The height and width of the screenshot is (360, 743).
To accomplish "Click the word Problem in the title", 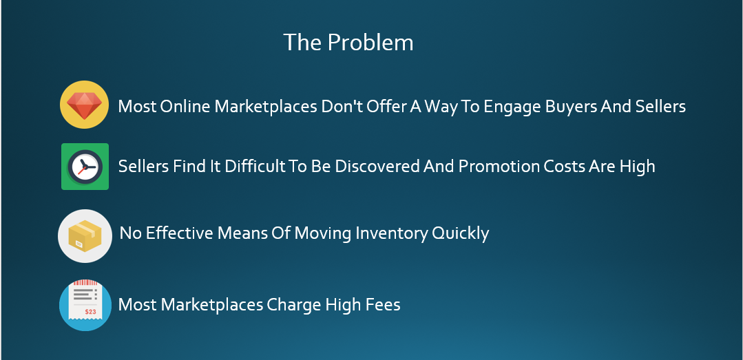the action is (x=370, y=43).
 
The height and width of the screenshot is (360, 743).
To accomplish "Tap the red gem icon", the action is (x=84, y=105).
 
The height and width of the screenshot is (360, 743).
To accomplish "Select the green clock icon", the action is (x=85, y=167).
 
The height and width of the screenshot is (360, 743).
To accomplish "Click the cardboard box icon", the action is (x=85, y=236).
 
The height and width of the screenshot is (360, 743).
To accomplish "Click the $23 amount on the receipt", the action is (x=90, y=312).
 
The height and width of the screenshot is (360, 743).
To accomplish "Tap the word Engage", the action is (x=513, y=107).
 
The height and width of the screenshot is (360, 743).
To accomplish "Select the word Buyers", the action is (x=571, y=107).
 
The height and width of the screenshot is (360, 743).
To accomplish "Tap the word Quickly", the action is (x=459, y=233).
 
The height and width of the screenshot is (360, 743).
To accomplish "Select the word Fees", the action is (x=383, y=304).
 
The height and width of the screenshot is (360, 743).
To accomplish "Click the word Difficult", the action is (x=255, y=167).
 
